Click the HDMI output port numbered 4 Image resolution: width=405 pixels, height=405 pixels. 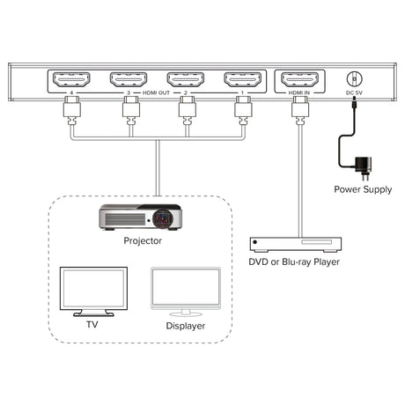pos(71,79)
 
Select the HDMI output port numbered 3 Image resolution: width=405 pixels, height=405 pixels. pos(129,79)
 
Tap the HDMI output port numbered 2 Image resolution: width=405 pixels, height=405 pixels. pos(186,79)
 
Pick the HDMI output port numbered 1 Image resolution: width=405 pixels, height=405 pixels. pos(242,79)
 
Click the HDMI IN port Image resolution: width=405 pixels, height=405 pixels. pos(299,79)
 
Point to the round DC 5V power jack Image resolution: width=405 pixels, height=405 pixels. pos(355,79)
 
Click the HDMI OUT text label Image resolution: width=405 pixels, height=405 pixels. pos(156,92)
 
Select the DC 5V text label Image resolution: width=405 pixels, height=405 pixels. pos(354,92)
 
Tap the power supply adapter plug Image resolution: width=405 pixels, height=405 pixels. pos(364,168)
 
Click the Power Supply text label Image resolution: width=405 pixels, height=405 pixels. pos(363,189)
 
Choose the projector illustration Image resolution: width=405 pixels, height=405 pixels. pos(140,217)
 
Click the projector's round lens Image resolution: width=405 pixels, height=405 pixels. pos(162,218)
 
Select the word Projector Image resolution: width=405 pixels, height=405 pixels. pos(143,241)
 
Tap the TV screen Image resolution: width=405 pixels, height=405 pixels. pos(93,288)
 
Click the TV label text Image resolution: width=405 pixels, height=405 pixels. pos(92,325)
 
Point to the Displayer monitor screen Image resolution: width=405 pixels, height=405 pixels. pos(186,288)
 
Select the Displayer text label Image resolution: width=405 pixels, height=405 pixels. pos(186,326)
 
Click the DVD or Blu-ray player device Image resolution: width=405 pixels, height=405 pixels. pos(296,245)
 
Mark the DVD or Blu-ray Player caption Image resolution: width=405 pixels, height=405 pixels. pos(294,261)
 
